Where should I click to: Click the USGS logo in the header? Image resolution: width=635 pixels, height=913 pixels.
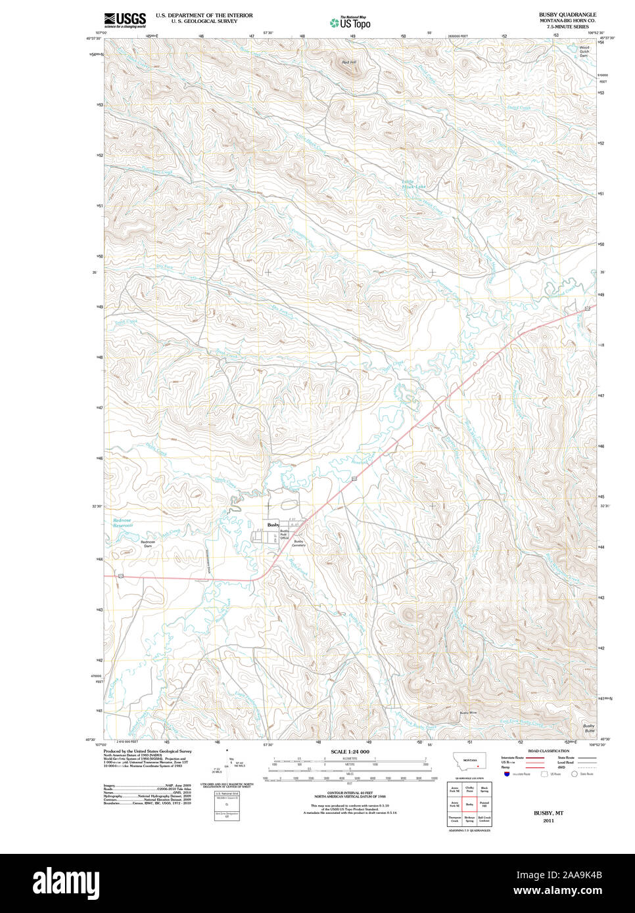(124, 20)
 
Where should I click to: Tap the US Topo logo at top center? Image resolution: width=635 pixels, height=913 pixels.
(350, 23)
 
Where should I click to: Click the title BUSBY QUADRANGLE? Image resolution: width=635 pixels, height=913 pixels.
(567, 14)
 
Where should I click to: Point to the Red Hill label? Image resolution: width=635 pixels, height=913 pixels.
(348, 62)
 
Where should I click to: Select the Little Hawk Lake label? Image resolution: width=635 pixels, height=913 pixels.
(413, 184)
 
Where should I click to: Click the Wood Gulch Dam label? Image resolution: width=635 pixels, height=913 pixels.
(584, 51)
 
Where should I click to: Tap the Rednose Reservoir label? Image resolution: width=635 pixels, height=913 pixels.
(122, 523)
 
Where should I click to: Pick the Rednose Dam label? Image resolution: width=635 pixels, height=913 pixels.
(148, 544)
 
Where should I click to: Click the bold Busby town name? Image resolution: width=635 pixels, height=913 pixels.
(273, 525)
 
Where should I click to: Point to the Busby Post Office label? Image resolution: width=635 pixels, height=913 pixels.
(284, 534)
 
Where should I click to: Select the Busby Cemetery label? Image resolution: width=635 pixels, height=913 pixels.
(298, 543)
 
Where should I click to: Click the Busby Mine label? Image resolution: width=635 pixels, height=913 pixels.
(468, 713)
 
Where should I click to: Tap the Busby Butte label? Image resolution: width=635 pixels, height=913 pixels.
(589, 728)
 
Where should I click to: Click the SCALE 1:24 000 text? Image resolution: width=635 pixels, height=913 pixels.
(350, 751)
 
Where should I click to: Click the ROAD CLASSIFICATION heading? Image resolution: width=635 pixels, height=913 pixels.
(548, 751)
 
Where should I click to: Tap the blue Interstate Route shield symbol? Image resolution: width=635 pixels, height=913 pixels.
(507, 774)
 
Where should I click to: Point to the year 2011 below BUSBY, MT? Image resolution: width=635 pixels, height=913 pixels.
(548, 820)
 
